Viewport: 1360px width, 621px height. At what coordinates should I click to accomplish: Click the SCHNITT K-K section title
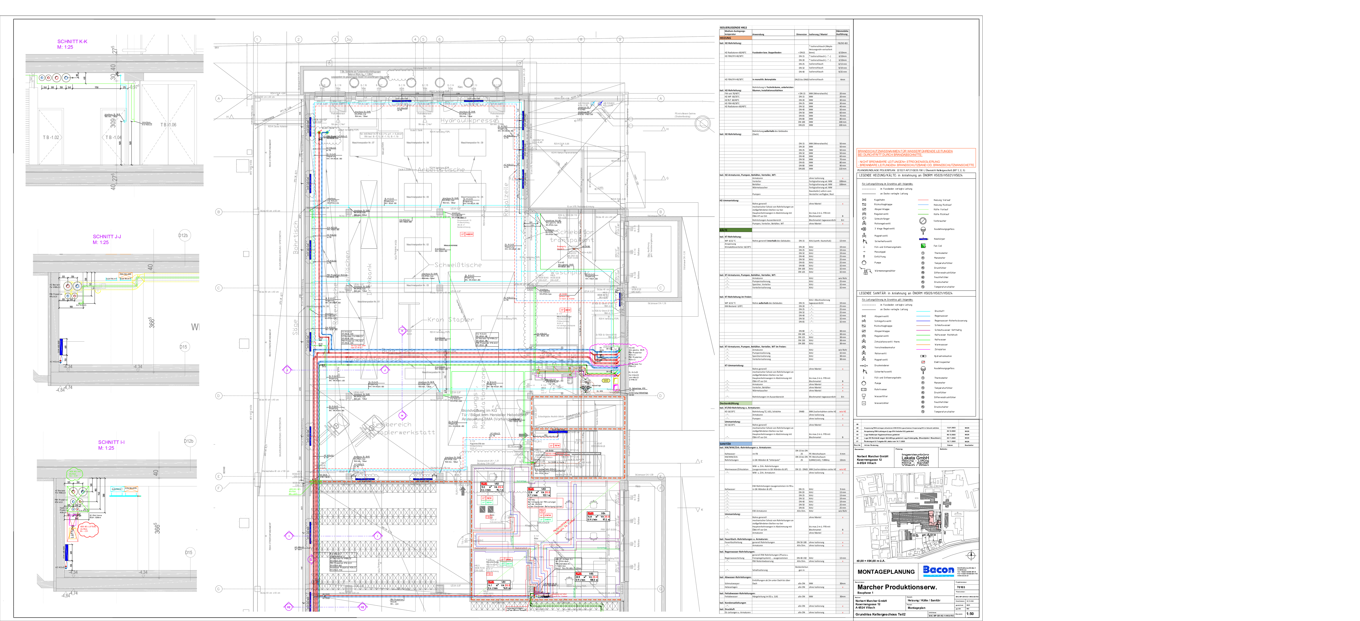72,41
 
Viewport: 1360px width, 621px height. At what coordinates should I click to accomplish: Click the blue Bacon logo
938,570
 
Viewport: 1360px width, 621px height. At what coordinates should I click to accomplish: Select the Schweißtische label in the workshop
458,265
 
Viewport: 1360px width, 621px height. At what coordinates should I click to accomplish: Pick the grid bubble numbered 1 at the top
257,39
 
